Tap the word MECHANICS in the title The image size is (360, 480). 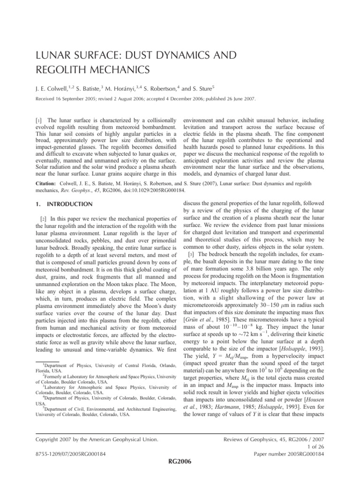coord(112,71)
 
